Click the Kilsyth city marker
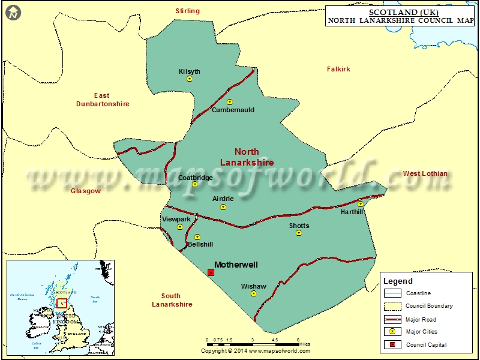point(190,79)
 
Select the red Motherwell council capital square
point(211,272)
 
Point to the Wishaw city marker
point(254,294)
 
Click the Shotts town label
point(299,226)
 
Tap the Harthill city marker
point(360,204)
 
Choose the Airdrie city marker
point(223,207)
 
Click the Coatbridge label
point(195,178)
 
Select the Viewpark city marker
point(179,227)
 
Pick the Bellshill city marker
point(197,237)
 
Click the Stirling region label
point(187,11)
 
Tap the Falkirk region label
point(338,69)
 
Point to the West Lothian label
point(425,173)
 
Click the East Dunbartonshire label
point(102,100)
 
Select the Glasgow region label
point(86,191)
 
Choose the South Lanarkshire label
point(172,300)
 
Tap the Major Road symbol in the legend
point(392,319)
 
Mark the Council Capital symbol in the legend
point(392,344)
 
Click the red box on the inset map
point(61,302)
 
